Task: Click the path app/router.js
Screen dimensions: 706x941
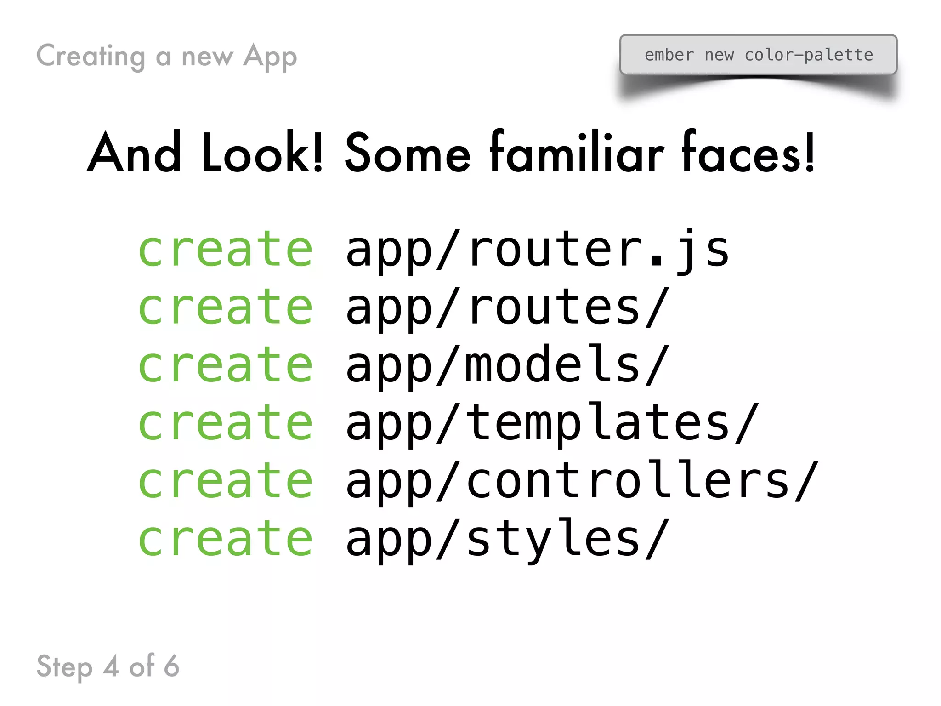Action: click(x=537, y=251)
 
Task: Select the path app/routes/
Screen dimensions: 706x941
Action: click(x=507, y=308)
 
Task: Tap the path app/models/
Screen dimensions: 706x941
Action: click(x=507, y=366)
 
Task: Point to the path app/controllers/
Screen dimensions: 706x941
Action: click(x=582, y=481)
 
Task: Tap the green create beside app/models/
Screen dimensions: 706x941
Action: click(x=226, y=365)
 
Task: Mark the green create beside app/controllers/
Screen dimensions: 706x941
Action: click(x=226, y=481)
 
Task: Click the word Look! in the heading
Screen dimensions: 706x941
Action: click(x=262, y=153)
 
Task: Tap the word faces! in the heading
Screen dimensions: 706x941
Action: click(x=748, y=153)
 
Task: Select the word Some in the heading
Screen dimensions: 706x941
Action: click(x=408, y=154)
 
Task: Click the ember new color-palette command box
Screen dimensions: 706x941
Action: click(x=758, y=55)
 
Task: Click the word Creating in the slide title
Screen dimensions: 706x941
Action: click(x=91, y=57)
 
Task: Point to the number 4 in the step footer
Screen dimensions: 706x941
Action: click(x=111, y=666)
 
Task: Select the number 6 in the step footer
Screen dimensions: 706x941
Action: click(x=171, y=666)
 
